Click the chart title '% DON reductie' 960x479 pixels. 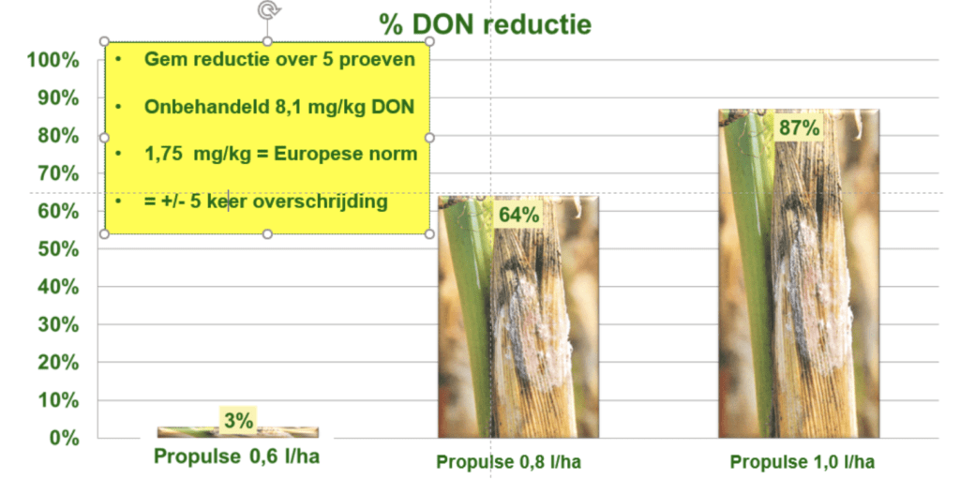pyautogui.click(x=485, y=23)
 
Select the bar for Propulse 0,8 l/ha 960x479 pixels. pyautogui.click(x=517, y=317)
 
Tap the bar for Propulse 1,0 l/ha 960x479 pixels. pyautogui.click(x=799, y=274)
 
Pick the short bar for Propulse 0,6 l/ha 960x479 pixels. pyautogui.click(x=237, y=432)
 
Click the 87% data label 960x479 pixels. pyautogui.click(x=799, y=128)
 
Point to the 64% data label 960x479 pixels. pyautogui.click(x=517, y=215)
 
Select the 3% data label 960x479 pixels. pyautogui.click(x=238, y=421)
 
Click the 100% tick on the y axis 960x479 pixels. pyautogui.click(x=52, y=61)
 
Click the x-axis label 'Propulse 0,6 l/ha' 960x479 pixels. pyautogui.click(x=236, y=457)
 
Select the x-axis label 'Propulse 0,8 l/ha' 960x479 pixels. pyautogui.click(x=509, y=462)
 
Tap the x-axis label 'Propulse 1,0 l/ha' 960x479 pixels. pyautogui.click(x=802, y=462)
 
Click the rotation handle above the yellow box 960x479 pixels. pyautogui.click(x=267, y=9)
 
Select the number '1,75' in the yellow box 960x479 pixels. pyautogui.click(x=164, y=155)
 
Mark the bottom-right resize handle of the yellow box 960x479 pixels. pyautogui.click(x=429, y=234)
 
